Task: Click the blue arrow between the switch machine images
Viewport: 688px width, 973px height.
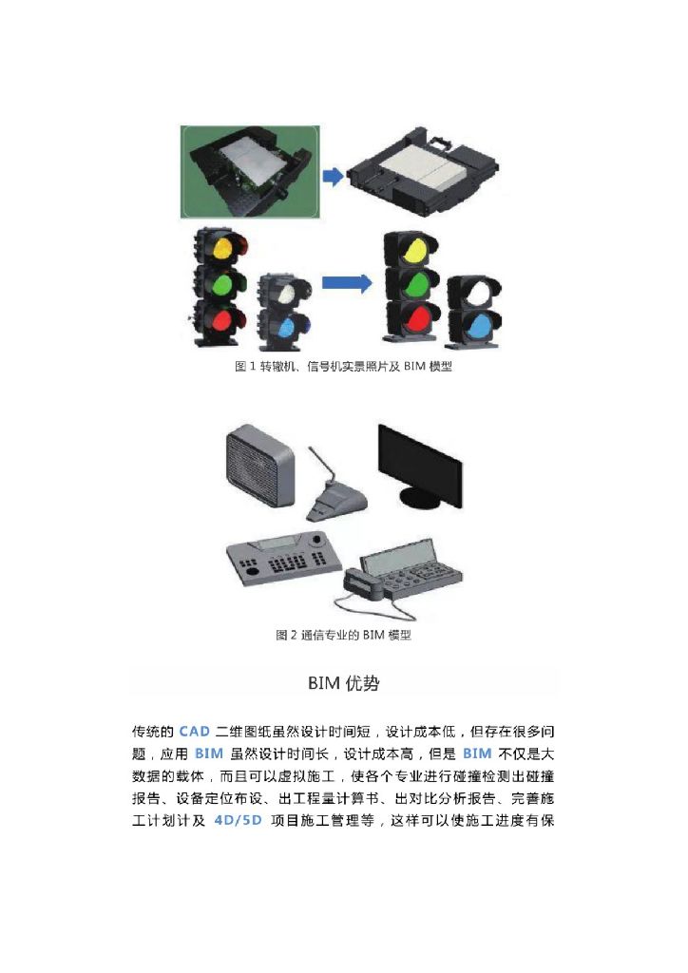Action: pyautogui.click(x=333, y=176)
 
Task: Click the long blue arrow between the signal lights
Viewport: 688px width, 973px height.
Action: pyautogui.click(x=347, y=283)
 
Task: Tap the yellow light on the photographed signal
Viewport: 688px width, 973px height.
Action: pyautogui.click(x=222, y=248)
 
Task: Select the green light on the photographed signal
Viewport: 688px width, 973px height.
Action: pyautogui.click(x=221, y=284)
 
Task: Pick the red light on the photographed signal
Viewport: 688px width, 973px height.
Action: pyautogui.click(x=221, y=320)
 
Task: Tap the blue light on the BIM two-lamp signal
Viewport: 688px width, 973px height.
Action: pyautogui.click(x=478, y=325)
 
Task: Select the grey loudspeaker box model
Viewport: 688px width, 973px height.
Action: pyautogui.click(x=260, y=464)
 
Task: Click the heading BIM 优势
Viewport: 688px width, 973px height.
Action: pyautogui.click(x=344, y=683)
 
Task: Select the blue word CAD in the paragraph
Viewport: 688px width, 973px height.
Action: pyautogui.click(x=194, y=731)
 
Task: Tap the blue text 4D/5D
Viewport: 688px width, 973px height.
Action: pyautogui.click(x=238, y=820)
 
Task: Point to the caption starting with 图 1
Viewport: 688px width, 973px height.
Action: pyautogui.click(x=343, y=366)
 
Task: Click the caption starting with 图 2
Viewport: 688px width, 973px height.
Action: pyautogui.click(x=343, y=635)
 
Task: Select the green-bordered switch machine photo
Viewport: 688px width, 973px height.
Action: pyautogui.click(x=250, y=172)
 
